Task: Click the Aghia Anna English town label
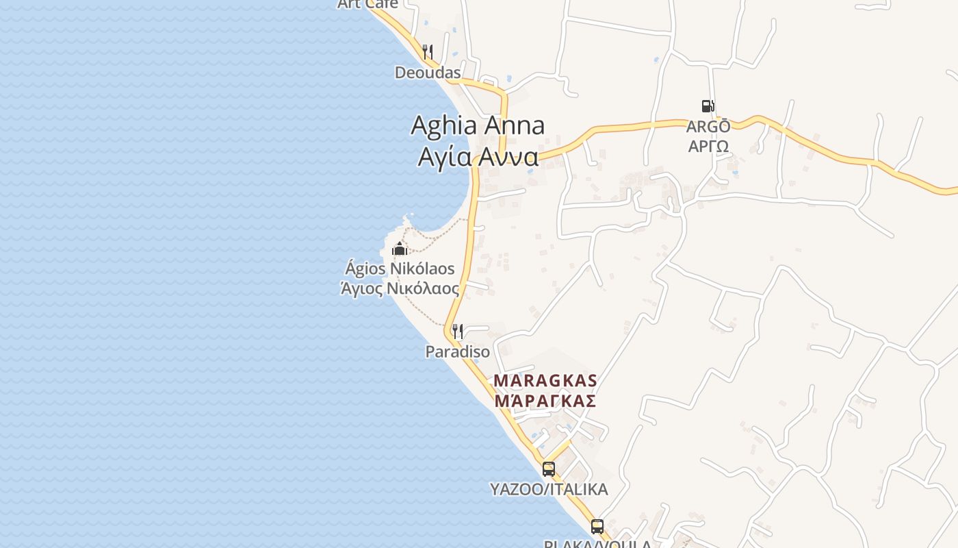478,125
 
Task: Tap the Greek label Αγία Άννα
478,157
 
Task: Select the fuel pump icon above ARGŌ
708,106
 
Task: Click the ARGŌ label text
708,127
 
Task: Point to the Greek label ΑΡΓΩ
708,145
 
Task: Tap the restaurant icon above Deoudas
428,51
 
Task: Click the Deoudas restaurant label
428,72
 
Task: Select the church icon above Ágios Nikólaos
400,248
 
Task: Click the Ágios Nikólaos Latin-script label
400,269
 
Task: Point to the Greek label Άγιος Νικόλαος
400,288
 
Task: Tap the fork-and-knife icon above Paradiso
458,332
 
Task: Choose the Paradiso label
458,352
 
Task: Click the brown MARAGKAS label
545,380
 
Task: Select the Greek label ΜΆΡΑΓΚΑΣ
545,401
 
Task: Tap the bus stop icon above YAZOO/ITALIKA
549,469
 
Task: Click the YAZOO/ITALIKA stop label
549,489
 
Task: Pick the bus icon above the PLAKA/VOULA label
597,527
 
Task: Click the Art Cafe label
368,4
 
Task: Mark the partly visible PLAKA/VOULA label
597,544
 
